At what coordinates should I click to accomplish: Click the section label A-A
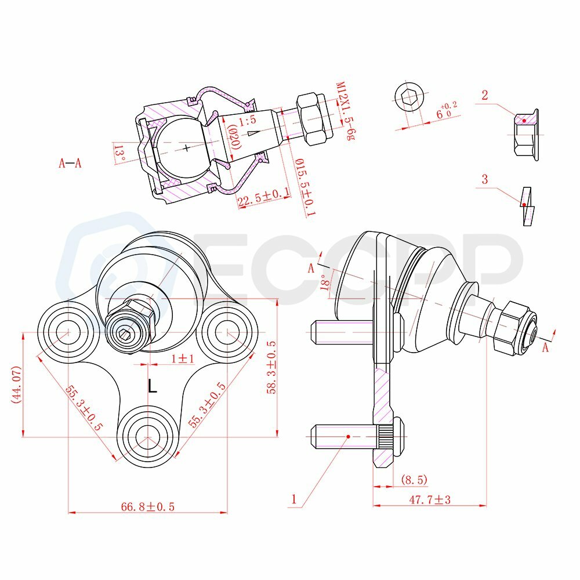70,164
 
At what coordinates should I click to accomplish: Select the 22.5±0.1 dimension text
263,199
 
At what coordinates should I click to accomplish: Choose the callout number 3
484,179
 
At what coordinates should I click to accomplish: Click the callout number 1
295,498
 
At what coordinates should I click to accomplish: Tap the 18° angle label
324,280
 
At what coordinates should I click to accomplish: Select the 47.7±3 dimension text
430,498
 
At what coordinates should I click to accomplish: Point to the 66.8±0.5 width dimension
148,506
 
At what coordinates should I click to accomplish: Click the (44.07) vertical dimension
16,385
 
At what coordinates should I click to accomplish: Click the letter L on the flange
152,386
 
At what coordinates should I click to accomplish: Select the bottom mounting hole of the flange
147,436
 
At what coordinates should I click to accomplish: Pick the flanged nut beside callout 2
525,135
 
